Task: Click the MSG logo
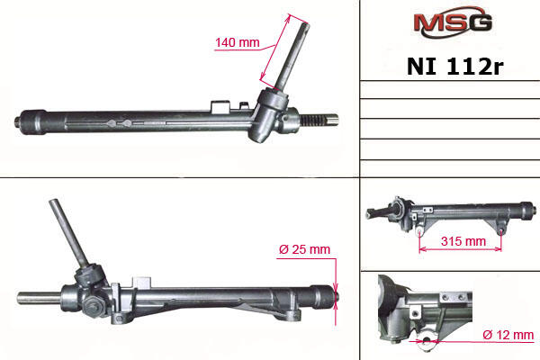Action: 453,24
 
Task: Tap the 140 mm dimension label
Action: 238,42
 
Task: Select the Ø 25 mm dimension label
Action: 304,249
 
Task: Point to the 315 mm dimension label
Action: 463,241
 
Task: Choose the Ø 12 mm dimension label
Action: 508,335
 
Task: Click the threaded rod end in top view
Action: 321,120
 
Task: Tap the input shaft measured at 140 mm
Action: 292,54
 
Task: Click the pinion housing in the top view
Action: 271,114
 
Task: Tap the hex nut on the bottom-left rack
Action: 94,306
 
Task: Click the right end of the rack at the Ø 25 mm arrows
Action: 336,297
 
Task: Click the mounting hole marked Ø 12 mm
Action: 427,341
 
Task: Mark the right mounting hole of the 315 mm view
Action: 500,231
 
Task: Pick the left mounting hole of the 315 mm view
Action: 419,231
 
